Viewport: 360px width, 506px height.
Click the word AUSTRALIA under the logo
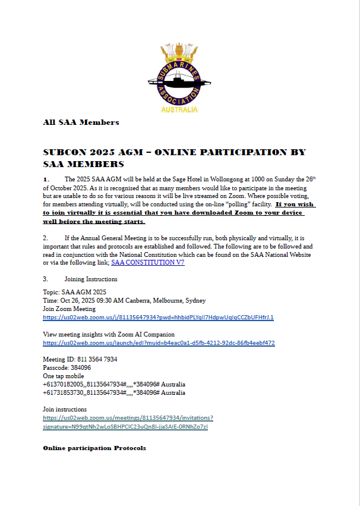(179, 110)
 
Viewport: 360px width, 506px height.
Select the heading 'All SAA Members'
(81, 122)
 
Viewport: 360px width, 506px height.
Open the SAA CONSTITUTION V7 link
(147, 262)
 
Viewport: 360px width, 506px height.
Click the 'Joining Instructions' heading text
(91, 279)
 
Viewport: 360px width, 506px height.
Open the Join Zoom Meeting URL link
(158, 318)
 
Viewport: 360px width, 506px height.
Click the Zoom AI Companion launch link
(159, 343)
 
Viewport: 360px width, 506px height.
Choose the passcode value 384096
(78, 368)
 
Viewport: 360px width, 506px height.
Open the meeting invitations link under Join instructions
(128, 422)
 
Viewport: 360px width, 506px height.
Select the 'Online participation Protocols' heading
(94, 447)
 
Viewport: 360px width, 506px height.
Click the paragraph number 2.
(45, 237)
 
